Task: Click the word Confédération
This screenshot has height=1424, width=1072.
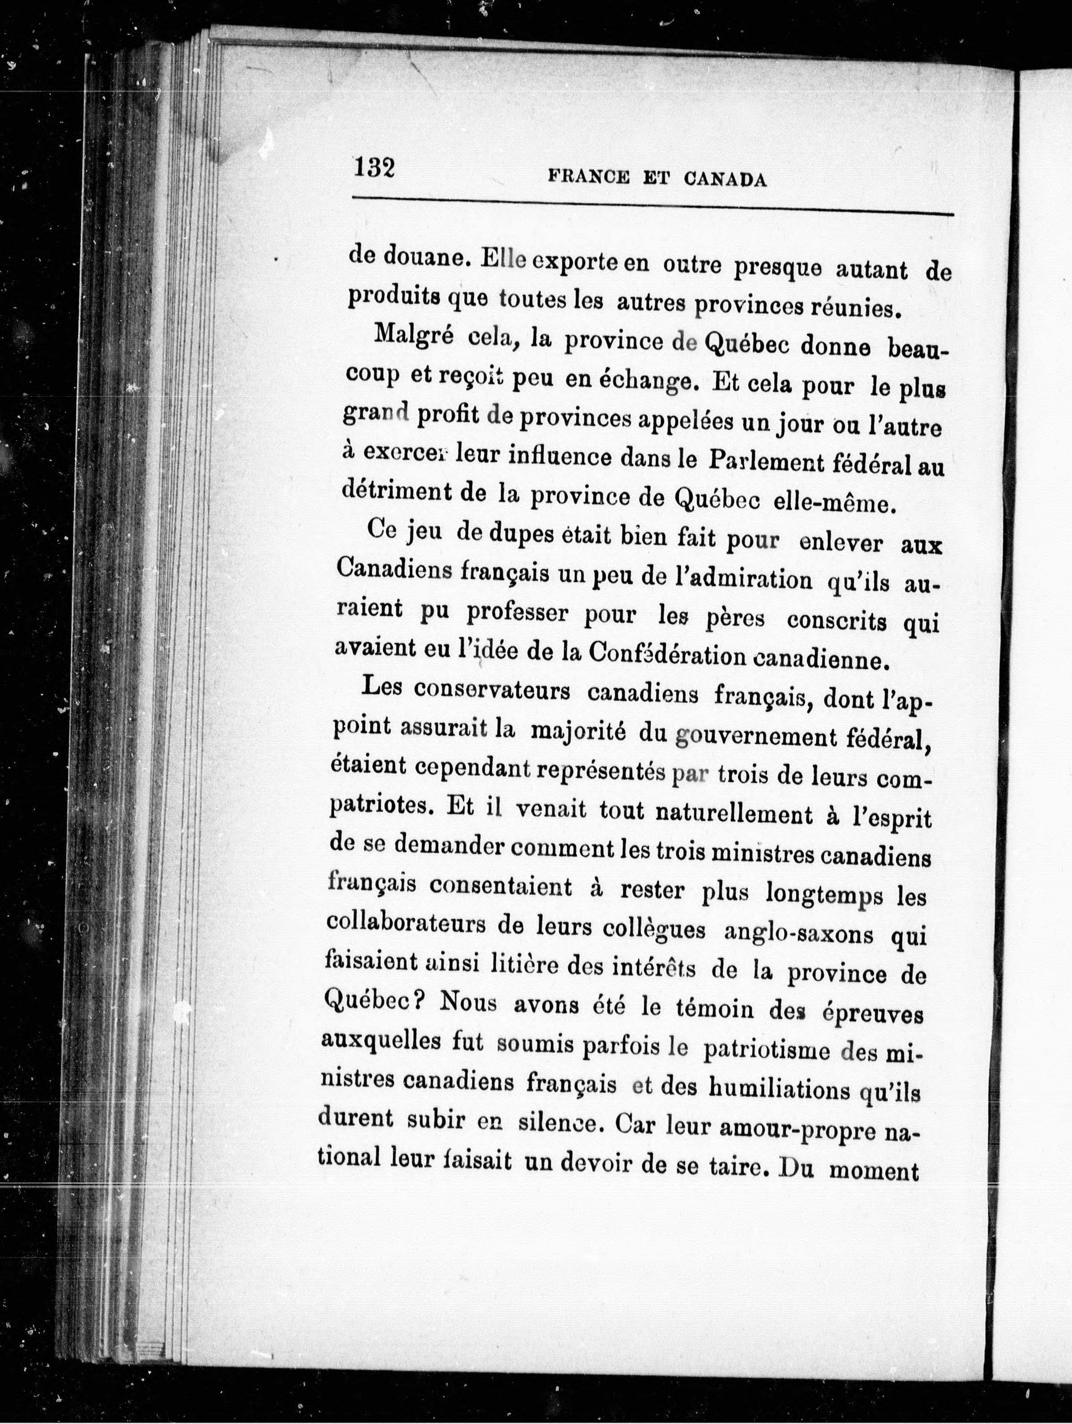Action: pyautogui.click(x=667, y=655)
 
